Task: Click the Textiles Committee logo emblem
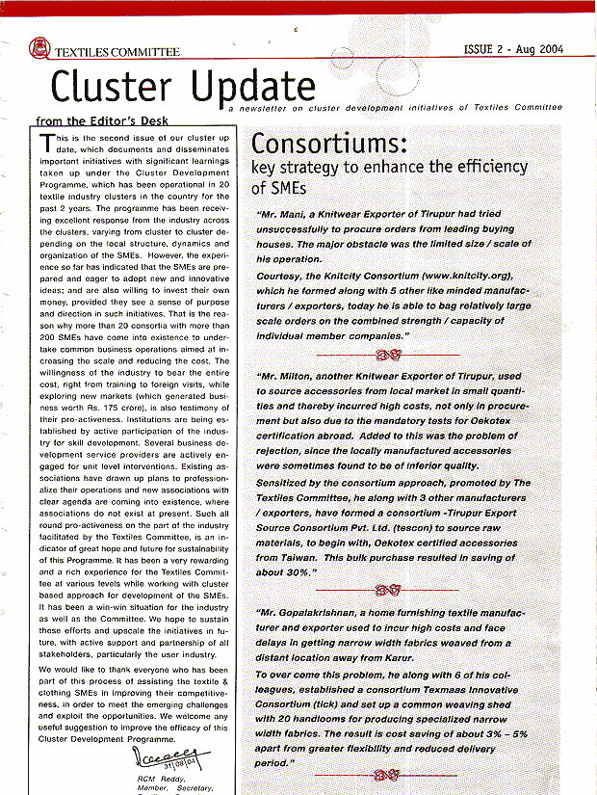pyautogui.click(x=39, y=46)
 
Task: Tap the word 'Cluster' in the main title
pyautogui.click(x=112, y=89)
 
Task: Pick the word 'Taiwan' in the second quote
pyautogui.click(x=279, y=558)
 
